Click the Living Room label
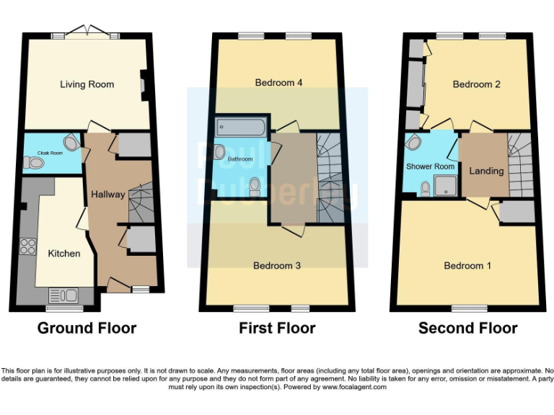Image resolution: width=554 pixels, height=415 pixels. click(x=87, y=84)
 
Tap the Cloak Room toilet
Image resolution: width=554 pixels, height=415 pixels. click(x=33, y=164)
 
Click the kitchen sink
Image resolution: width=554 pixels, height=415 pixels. click(x=63, y=294)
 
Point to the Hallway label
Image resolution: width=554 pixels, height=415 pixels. click(x=107, y=194)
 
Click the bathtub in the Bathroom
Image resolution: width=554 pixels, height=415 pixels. click(x=241, y=128)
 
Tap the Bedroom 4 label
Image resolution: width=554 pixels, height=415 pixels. click(x=278, y=83)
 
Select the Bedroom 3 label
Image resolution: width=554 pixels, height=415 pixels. click(x=276, y=266)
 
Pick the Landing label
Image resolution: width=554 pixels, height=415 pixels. click(x=486, y=171)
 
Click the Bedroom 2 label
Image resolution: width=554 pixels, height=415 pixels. click(x=476, y=84)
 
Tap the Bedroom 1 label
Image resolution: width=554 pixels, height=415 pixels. click(x=467, y=266)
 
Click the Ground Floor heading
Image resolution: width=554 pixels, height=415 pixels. click(x=87, y=329)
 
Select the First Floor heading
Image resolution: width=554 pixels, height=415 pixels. click(x=277, y=329)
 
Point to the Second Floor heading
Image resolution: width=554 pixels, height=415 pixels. click(x=467, y=329)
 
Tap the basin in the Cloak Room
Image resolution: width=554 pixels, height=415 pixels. click(x=71, y=141)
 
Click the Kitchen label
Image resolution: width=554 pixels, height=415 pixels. click(x=64, y=254)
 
